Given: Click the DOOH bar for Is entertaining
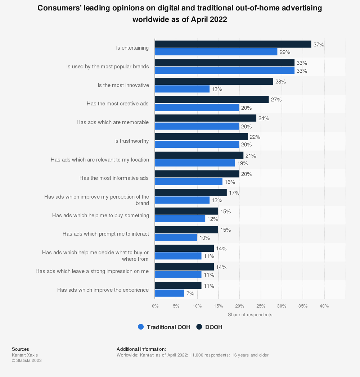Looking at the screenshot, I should (x=233, y=44).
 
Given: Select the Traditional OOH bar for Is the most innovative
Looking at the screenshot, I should (x=182, y=89).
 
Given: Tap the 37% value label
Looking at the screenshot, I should (x=319, y=45).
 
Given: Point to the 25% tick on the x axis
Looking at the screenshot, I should (x=261, y=306).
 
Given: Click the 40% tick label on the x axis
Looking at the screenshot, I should (x=324, y=306).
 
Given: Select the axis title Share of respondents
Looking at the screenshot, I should (x=250, y=314).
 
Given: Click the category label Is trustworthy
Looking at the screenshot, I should (x=131, y=141).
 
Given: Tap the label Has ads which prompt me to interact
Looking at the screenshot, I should (x=105, y=234).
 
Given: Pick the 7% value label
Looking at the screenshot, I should (x=190, y=294).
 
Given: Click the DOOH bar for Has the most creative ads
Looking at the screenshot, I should (x=212, y=100).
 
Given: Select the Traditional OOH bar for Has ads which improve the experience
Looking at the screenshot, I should (x=170, y=293).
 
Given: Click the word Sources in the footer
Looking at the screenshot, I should (x=20, y=349).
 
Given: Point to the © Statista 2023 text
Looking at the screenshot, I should (x=27, y=360).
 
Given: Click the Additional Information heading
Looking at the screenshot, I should (x=141, y=349).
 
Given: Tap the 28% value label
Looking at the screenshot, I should (x=280, y=82).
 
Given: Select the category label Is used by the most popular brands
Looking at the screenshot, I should (x=108, y=67).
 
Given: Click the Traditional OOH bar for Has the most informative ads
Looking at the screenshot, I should (x=189, y=182).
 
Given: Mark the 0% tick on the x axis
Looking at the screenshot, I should (x=155, y=306).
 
